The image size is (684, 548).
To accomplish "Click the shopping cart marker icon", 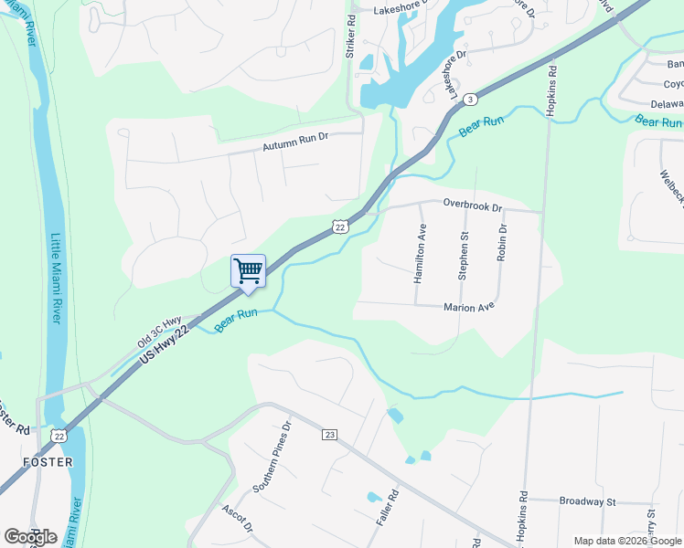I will pyautogui.click(x=248, y=271).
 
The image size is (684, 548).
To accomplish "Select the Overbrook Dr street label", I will pyautogui.click(x=473, y=206).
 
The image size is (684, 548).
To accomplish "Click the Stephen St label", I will pyautogui.click(x=463, y=255).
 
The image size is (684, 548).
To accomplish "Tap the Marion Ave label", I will pyautogui.click(x=470, y=308).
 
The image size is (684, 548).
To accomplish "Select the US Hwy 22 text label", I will pyautogui.click(x=170, y=346).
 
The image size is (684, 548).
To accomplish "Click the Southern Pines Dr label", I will pyautogui.click(x=272, y=456).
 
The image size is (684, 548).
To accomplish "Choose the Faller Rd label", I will pyautogui.click(x=387, y=508).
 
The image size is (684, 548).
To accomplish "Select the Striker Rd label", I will pyautogui.click(x=350, y=37).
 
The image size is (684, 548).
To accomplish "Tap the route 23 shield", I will pyautogui.click(x=330, y=435).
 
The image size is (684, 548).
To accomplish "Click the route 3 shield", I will pyautogui.click(x=469, y=99).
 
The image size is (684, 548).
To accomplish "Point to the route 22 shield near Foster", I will pyautogui.click(x=59, y=437).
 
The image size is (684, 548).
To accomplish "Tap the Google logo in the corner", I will pyautogui.click(x=30, y=537).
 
